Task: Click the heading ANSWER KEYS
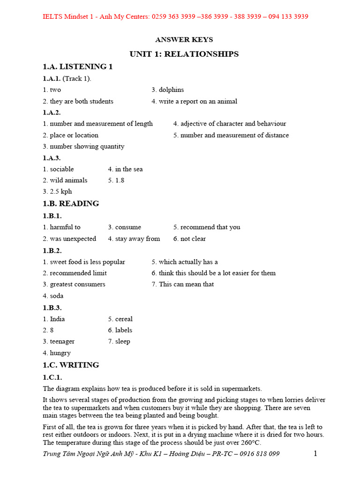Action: pos(184,40)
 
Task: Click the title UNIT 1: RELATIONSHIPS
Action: pos(184,54)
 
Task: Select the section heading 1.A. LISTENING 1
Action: pos(78,67)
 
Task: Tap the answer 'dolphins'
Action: pos(171,90)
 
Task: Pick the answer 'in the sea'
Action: pos(129,169)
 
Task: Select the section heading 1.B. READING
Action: pos(71,203)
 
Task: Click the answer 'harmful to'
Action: pos(65,227)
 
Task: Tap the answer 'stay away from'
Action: pos(137,239)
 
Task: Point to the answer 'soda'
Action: pos(57,296)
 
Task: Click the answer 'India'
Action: pos(58,319)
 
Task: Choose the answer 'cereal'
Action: pos(124,319)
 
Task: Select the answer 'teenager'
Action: pos(62,341)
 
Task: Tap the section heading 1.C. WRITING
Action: pos(71,365)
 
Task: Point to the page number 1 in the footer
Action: pos(315,453)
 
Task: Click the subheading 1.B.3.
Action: pos(52,307)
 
